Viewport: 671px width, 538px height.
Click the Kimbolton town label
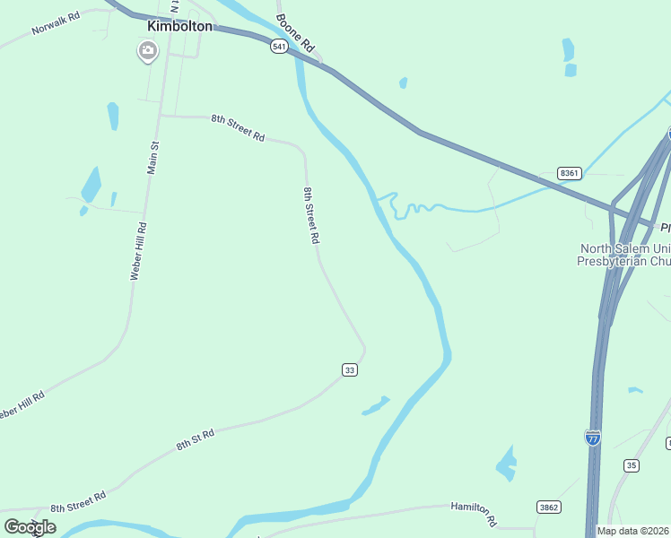coord(179,26)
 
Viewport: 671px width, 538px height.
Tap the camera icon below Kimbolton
coord(147,51)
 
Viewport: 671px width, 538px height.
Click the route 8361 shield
coord(569,172)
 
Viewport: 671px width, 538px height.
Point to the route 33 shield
coord(350,369)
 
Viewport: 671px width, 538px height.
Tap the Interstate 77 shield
coord(593,438)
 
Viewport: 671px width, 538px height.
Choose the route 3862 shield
coord(549,508)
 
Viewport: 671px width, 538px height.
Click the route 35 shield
coord(632,465)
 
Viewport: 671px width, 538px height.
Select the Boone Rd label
coord(297,32)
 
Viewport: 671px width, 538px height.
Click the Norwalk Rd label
coord(56,23)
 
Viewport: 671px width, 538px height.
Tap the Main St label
coord(153,158)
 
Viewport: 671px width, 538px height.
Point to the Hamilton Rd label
coord(474,513)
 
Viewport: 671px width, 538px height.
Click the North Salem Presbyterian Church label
coord(623,255)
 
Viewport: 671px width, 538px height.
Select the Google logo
coord(30,526)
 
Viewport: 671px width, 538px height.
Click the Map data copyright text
coord(633,531)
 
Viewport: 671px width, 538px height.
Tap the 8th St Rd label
coord(195,439)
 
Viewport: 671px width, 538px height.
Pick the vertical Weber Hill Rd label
coord(137,252)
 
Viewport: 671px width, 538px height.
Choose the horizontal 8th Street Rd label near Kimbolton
coord(238,128)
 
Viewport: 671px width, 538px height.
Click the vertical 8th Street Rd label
coord(311,215)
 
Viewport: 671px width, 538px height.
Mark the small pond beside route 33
coord(375,406)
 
